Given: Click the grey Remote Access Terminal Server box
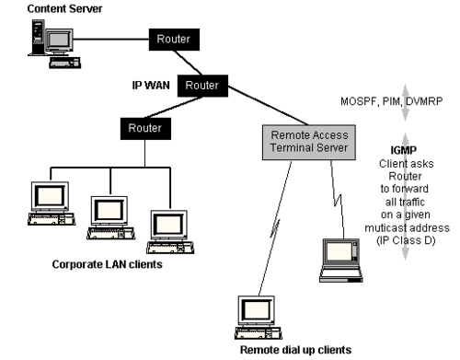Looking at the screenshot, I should point(307,141).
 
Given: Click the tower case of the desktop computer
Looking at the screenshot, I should point(38,34).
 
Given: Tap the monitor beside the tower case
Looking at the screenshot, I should point(59,40).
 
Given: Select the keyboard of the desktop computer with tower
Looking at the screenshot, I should point(63,62).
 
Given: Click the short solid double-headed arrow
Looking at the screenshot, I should point(404,102).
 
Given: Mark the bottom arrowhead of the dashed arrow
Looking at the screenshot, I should point(404,256).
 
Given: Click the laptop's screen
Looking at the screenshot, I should point(339,251).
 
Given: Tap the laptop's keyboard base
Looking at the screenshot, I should point(340,273).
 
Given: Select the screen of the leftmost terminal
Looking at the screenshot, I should point(50,195).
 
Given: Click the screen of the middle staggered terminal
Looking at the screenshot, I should point(109,210).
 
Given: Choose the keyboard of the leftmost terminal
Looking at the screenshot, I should point(51,220).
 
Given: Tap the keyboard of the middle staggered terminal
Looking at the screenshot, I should point(110,235).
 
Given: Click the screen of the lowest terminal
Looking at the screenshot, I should point(257,310).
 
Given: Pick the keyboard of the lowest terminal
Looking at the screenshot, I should point(258,333).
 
